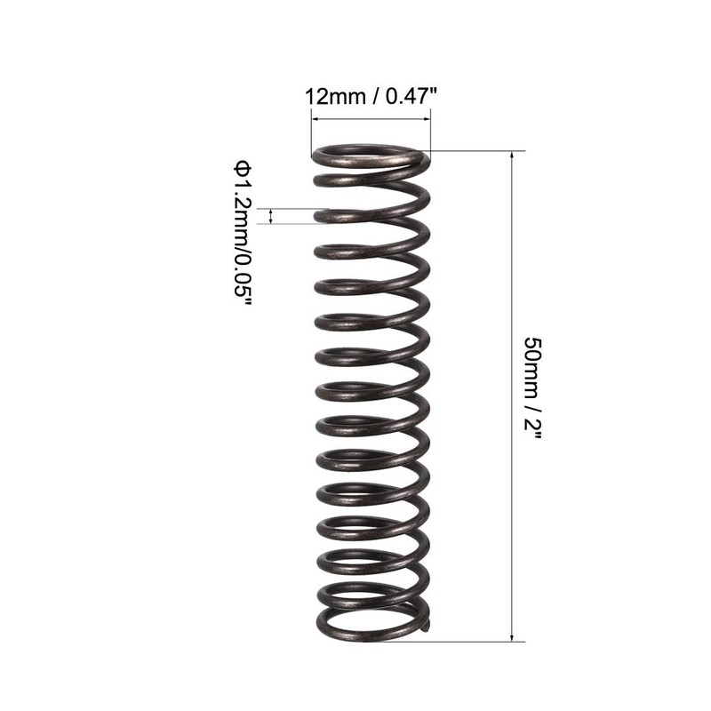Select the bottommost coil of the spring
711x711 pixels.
tap(369, 622)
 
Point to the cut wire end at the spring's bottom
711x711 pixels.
tap(428, 626)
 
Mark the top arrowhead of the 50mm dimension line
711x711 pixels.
tap(512, 156)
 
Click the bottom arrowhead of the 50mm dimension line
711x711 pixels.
tap(512, 635)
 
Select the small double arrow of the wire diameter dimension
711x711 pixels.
tap(272, 216)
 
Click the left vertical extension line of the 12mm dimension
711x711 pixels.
tap(310, 133)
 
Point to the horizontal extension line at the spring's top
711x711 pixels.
tap(471, 151)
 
